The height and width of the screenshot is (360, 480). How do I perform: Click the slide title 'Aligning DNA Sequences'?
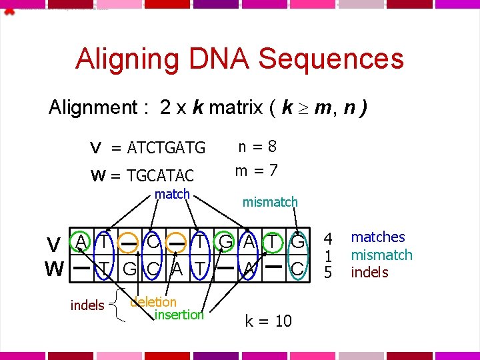pyautogui.click(x=239, y=59)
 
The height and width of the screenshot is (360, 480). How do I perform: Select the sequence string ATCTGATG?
pyautogui.click(x=167, y=147)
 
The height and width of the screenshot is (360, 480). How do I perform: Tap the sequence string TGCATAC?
pyautogui.click(x=161, y=176)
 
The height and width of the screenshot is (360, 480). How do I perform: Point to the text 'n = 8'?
pyautogui.click(x=257, y=146)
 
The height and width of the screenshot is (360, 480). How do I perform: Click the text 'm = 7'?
pyautogui.click(x=257, y=171)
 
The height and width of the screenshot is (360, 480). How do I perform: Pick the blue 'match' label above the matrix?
pyautogui.click(x=172, y=194)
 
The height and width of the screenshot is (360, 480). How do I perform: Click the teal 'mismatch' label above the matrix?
pyautogui.click(x=270, y=201)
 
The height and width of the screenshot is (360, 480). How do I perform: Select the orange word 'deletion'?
pyautogui.click(x=153, y=301)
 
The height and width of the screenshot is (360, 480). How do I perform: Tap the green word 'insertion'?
pyautogui.click(x=179, y=315)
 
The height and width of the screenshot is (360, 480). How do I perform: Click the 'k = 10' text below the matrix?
pyautogui.click(x=268, y=321)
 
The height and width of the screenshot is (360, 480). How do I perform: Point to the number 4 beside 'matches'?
pyautogui.click(x=328, y=238)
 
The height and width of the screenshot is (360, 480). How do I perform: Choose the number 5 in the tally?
pyautogui.click(x=328, y=272)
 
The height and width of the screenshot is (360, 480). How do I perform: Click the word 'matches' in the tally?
pyautogui.click(x=378, y=237)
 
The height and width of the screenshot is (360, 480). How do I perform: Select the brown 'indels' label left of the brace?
pyautogui.click(x=87, y=305)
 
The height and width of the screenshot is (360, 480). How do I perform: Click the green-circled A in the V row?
pyautogui.click(x=80, y=241)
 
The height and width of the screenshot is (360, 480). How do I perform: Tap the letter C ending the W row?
pyautogui.click(x=297, y=269)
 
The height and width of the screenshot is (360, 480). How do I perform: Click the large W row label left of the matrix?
pyautogui.click(x=54, y=269)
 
